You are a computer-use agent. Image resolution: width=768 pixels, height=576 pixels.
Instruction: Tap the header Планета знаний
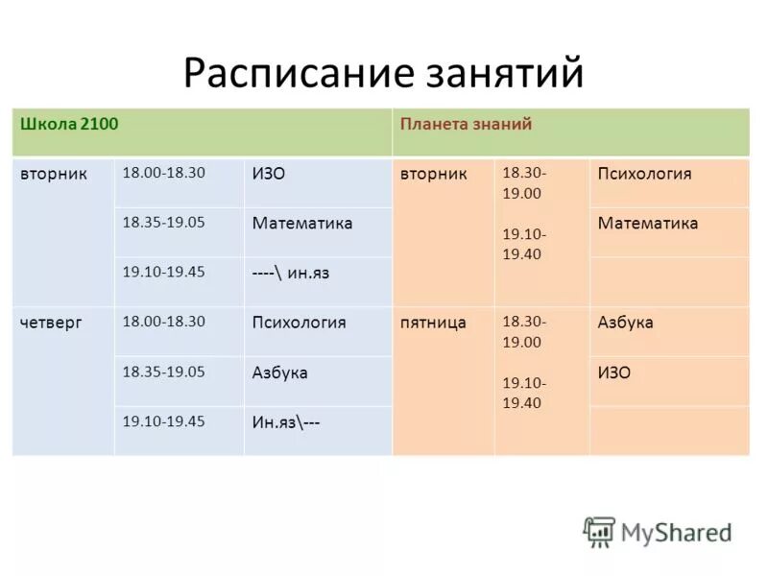(x=466, y=124)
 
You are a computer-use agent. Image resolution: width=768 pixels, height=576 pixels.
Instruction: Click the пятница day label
(x=433, y=323)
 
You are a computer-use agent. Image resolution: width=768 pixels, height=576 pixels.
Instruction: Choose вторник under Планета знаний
(x=434, y=174)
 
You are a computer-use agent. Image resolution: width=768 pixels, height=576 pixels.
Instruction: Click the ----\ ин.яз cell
(x=291, y=273)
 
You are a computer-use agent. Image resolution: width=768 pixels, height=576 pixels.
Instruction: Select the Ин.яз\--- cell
(x=286, y=421)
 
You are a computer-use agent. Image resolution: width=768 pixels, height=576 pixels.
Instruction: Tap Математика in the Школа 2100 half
(x=302, y=224)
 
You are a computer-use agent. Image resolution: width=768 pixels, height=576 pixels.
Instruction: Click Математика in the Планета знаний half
(x=647, y=224)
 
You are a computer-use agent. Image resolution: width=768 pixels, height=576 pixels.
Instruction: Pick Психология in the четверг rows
(x=299, y=323)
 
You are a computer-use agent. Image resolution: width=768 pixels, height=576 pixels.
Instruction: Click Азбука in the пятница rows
(x=625, y=323)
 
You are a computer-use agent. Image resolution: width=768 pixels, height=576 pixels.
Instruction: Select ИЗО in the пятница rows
(x=614, y=372)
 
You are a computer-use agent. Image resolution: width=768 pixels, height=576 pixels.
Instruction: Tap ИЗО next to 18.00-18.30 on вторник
(x=269, y=174)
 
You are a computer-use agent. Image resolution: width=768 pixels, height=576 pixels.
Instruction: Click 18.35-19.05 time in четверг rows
(x=163, y=372)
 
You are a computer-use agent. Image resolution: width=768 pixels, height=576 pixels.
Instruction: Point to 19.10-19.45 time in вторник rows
(x=163, y=272)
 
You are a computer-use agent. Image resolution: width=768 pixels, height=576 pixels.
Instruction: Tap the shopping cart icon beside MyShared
(x=599, y=531)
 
